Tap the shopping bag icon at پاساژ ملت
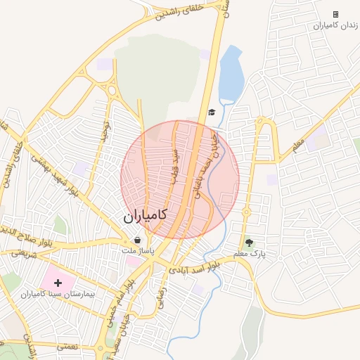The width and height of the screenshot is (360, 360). pyautogui.click(x=136, y=240)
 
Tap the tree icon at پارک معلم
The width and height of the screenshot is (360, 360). pyautogui.click(x=248, y=243)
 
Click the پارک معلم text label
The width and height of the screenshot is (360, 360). pyautogui.click(x=250, y=254)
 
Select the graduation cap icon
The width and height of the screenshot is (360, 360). pyautogui.click(x=211, y=112)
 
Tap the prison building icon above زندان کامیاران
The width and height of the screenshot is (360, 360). pyautogui.click(x=335, y=14)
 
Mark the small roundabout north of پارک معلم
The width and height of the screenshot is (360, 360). pyautogui.click(x=247, y=211)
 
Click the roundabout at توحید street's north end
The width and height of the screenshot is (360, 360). pyautogui.click(x=111, y=91)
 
